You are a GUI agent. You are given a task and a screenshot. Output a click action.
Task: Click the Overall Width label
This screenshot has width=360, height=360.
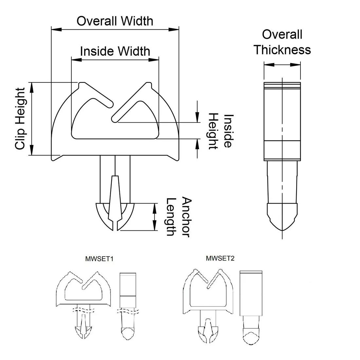pyautogui.click(x=115, y=21)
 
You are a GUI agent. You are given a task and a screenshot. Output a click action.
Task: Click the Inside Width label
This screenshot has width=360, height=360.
pyautogui.click(x=115, y=51)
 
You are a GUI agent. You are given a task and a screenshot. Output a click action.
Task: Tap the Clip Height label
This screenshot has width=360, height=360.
pyautogui.click(x=20, y=118)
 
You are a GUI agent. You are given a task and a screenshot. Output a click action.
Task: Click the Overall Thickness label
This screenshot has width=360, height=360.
pyautogui.click(x=282, y=42)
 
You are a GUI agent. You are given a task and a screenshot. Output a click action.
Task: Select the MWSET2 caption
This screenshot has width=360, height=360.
pyautogui.click(x=220, y=258)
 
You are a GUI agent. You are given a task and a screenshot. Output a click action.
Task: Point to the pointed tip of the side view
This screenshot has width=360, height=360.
pyautogui.click(x=282, y=230)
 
